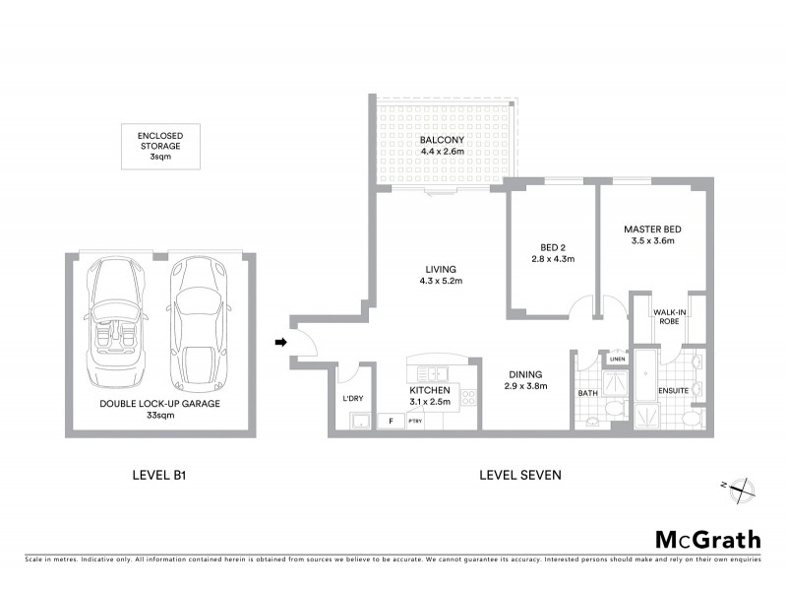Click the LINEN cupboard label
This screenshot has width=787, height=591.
point(616,360)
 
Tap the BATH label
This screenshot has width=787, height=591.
point(588,393)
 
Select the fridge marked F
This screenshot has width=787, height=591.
point(392,421)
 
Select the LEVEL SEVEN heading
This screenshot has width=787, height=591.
point(519,475)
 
